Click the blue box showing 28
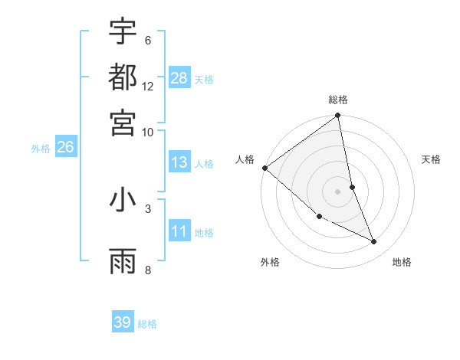pyautogui.click(x=179, y=78)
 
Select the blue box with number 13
pyautogui.click(x=179, y=163)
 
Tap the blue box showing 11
pyautogui.click(x=179, y=232)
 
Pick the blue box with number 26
pyautogui.click(x=65, y=148)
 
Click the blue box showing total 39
pyautogui.click(x=123, y=322)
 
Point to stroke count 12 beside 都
pyautogui.click(x=148, y=86)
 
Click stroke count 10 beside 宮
pyautogui.click(x=148, y=131)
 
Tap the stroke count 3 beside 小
pyautogui.click(x=148, y=208)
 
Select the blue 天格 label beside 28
pyautogui.click(x=204, y=79)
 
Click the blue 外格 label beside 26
pyautogui.click(x=41, y=149)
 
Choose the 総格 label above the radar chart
pyautogui.click(x=338, y=100)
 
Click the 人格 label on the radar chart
pyautogui.click(x=245, y=159)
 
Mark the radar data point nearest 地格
pyautogui.click(x=374, y=242)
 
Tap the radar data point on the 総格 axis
pyautogui.click(x=338, y=116)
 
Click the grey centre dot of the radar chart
pyautogui.click(x=338, y=191)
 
